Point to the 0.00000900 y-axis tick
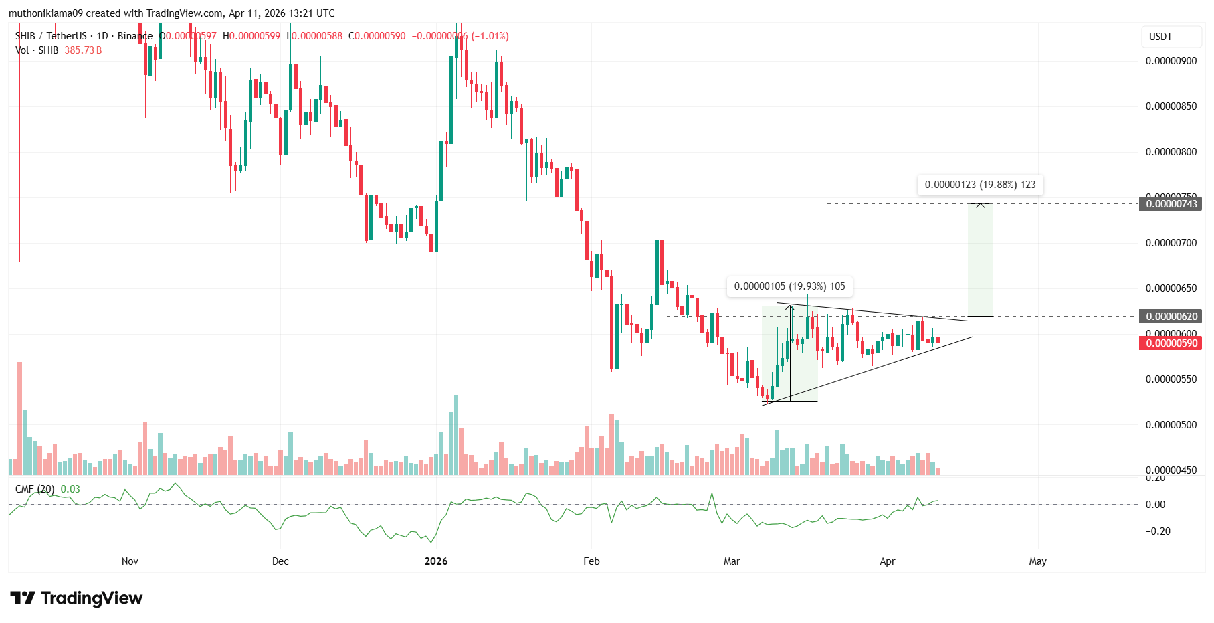point(1171,61)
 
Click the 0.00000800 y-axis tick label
point(1171,152)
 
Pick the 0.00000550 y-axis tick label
point(1171,379)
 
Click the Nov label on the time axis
point(130,561)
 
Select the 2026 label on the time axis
point(436,561)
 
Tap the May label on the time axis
point(1037,561)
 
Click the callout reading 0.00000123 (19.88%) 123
point(980,185)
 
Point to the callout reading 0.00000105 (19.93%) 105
point(789,286)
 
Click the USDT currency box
point(1160,37)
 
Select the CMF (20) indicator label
point(35,489)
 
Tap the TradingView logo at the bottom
point(76,598)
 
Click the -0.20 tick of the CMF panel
point(1158,531)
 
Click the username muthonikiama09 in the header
point(45,13)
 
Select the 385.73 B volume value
point(83,50)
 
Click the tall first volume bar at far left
point(20,418)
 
